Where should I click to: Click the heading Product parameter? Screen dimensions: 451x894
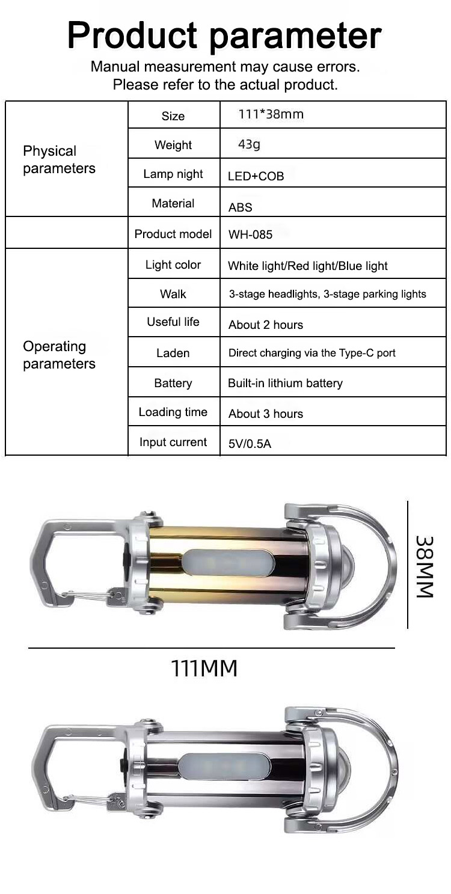pyautogui.click(x=225, y=35)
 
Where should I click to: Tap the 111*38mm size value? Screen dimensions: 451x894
pyautogui.click(x=271, y=114)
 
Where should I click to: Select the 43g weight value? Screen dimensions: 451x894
pyautogui.click(x=249, y=144)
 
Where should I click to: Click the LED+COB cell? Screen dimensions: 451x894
pyautogui.click(x=256, y=176)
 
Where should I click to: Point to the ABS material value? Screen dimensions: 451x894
pyautogui.click(x=241, y=207)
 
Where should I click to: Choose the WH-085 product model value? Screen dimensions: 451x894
pyautogui.click(x=250, y=234)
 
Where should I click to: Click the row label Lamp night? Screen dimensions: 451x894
pyautogui.click(x=173, y=174)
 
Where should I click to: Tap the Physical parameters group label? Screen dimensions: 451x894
pyautogui.click(x=59, y=160)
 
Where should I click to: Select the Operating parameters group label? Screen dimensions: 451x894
pyautogui.click(x=59, y=355)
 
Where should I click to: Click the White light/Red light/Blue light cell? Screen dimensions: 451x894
pyautogui.click(x=308, y=266)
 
